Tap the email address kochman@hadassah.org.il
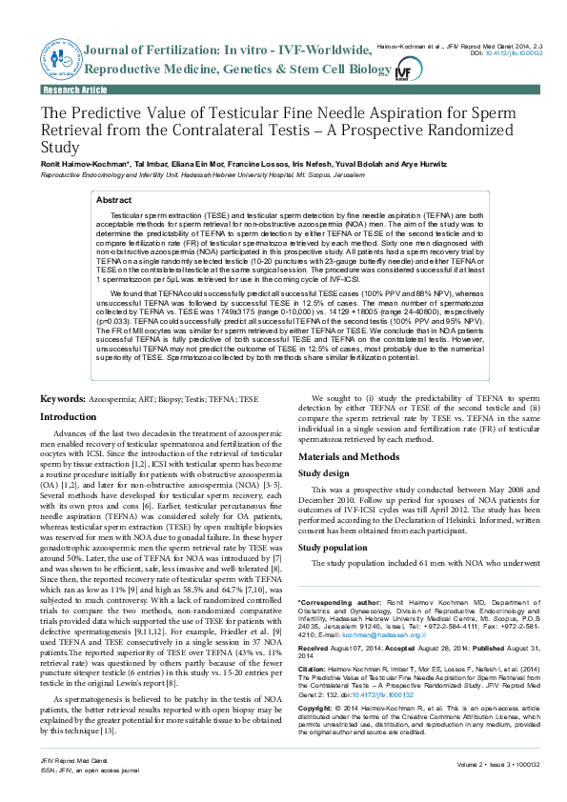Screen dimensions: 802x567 (x=357, y=634)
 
